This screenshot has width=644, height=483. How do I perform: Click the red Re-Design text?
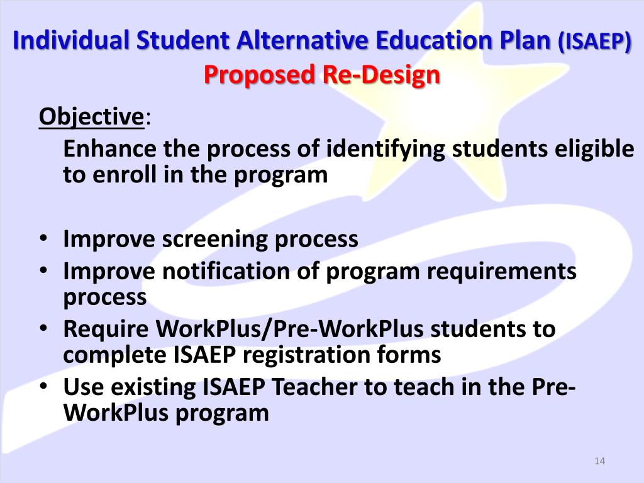(382, 75)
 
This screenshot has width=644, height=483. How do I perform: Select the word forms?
(411, 355)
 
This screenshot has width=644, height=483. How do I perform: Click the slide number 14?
(599, 462)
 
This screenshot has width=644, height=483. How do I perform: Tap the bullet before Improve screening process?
(42, 240)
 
